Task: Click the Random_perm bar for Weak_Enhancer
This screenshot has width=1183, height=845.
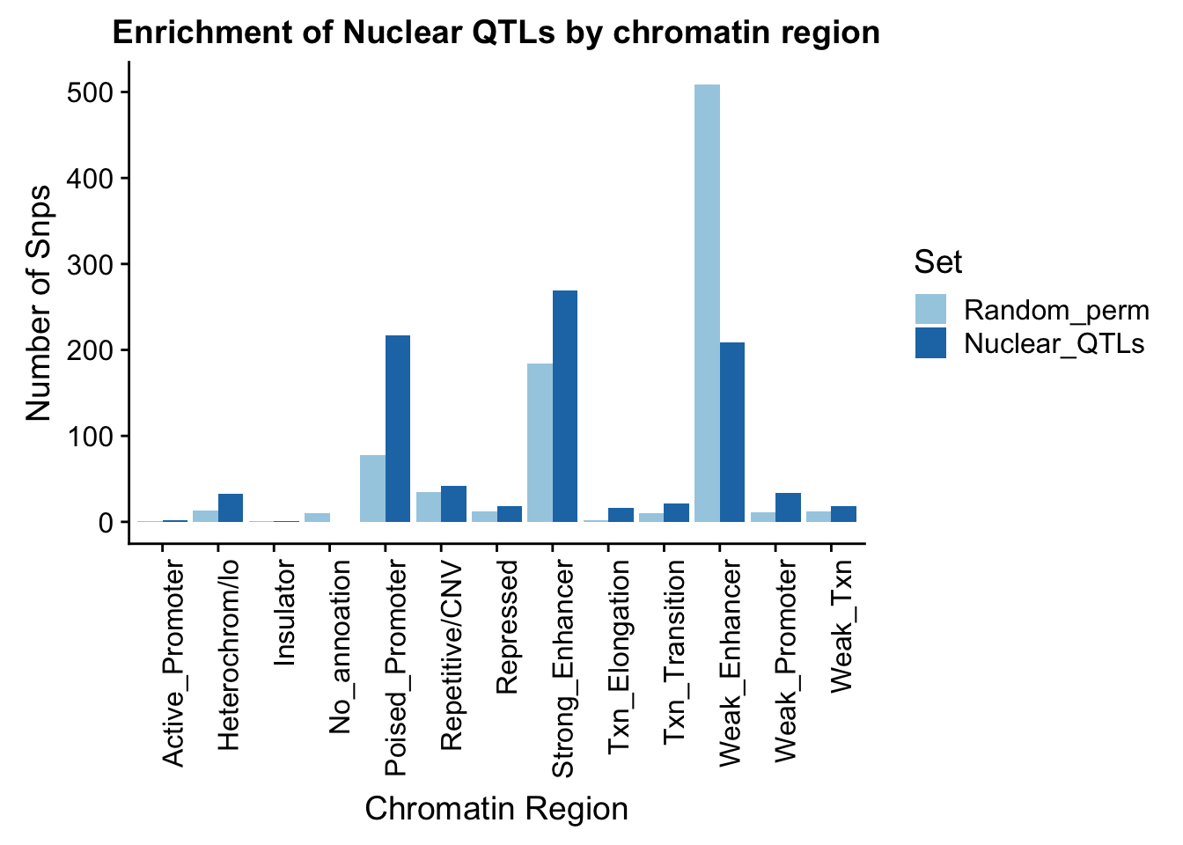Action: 707,303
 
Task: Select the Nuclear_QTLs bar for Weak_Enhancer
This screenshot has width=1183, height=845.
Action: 732,432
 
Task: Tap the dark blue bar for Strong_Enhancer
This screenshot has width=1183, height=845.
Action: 565,406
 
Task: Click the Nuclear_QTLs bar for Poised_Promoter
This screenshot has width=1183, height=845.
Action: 398,429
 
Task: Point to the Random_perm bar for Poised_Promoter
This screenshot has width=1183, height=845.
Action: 372,489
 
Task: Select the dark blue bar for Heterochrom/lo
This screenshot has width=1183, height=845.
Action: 231,508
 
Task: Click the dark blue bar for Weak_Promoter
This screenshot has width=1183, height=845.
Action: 788,508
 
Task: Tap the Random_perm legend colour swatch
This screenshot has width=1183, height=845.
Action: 930,310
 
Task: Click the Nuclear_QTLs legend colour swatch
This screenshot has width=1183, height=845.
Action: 930,342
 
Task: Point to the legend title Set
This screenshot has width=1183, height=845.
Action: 937,261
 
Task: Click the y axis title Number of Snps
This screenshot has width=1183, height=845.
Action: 40,304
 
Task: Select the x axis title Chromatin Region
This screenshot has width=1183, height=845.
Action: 496,809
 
